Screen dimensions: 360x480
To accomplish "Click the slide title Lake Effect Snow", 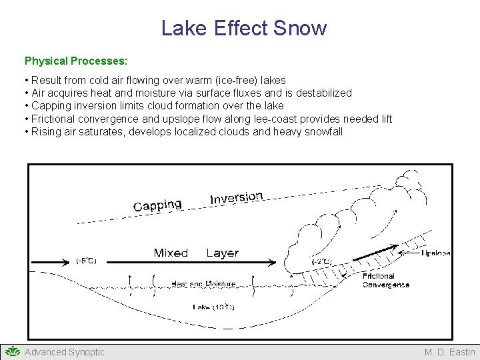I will pos(244,28).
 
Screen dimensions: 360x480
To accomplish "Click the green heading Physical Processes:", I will pos(76,61).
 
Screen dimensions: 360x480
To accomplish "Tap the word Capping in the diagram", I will pos(157,205).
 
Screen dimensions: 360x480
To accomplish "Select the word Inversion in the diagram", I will pos(237,197).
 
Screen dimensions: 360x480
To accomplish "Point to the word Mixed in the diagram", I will pos(171,253).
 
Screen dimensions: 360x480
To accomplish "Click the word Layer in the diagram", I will pos(222,253).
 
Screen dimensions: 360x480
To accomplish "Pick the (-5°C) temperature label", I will pos(86,261).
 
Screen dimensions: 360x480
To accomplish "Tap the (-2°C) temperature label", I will pos(321,262).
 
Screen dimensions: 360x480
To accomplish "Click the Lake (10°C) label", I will pos(213,307).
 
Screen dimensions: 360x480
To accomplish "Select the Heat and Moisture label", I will pos(203,284).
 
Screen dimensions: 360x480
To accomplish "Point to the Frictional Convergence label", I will pos(386,280).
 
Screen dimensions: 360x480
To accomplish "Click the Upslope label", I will pos(436,253).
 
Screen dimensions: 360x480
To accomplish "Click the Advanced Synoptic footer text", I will pos(65,352).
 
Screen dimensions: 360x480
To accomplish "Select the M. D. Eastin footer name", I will pos(450,352).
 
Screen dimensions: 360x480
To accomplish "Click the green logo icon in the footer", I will pos(12,351).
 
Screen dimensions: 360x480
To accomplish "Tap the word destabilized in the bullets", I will pos(323,93).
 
